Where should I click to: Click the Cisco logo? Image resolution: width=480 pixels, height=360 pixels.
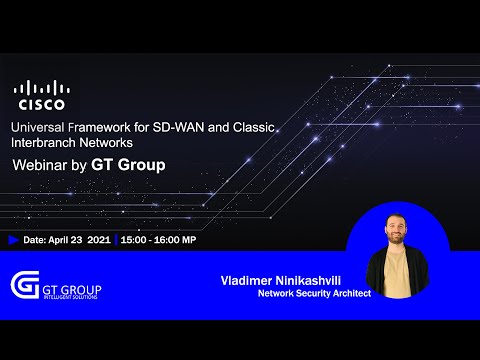point(41,95)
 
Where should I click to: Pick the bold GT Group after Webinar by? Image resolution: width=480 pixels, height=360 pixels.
point(128,164)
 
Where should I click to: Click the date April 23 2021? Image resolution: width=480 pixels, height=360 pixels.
point(80,240)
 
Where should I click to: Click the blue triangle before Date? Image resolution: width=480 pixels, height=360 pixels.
point(13,240)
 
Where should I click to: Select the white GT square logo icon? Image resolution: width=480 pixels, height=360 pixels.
point(24,286)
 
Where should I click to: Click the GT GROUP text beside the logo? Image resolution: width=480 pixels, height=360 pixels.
point(72,289)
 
